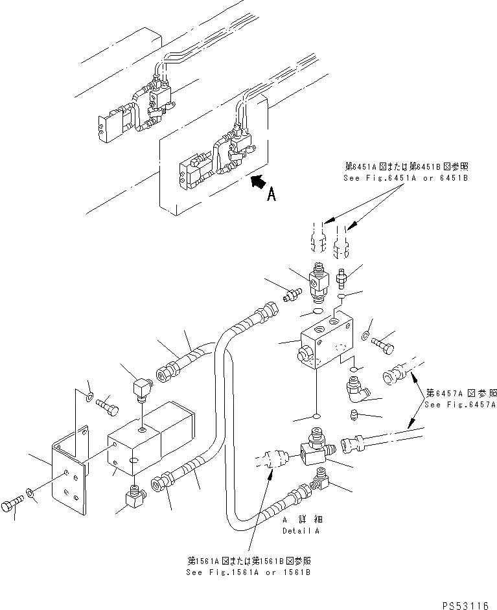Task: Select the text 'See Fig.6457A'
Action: pyautogui.click(x=460, y=405)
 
